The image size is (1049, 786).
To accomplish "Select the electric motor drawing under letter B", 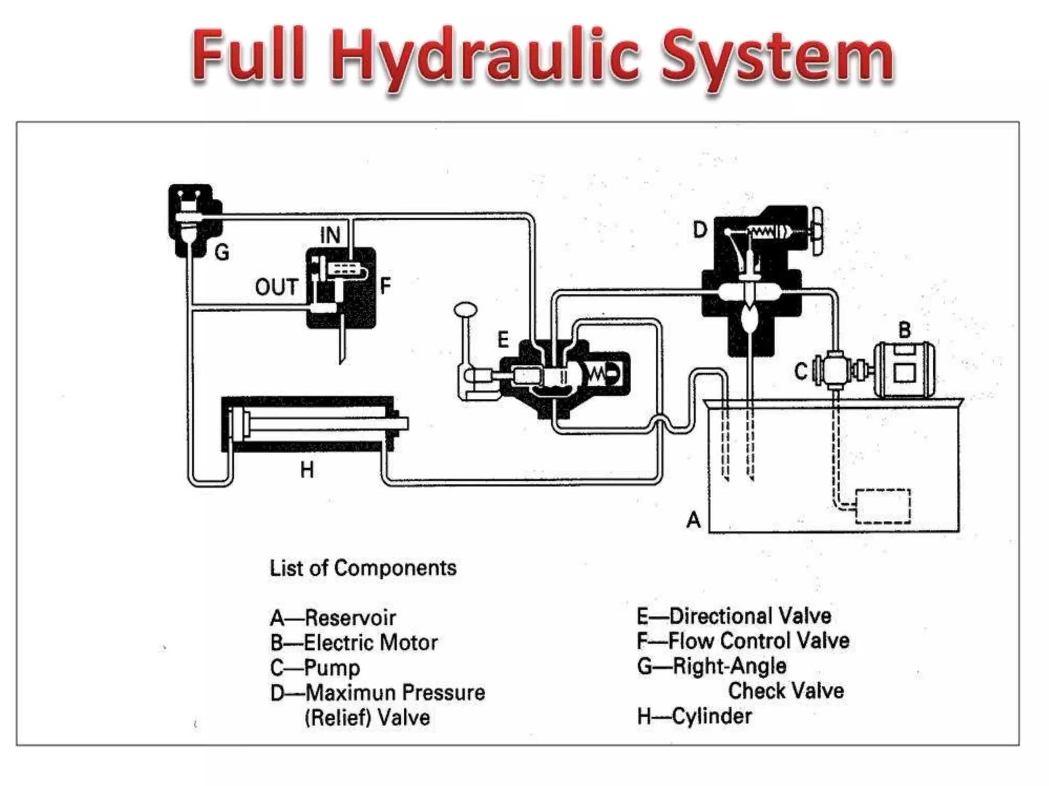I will coord(904,369).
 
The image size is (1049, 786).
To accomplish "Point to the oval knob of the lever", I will coord(465,310).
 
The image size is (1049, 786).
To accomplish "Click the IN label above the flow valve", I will coord(330,235).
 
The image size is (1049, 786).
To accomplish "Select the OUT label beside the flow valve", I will coord(277,287).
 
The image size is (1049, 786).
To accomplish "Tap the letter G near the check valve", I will coord(222,252).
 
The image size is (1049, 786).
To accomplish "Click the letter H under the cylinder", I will coord(307,469).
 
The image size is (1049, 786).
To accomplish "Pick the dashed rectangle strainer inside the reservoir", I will coord(883,506).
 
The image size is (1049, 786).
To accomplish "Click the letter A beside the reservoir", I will coord(694,519).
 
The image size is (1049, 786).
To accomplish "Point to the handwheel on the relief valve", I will coord(816,233).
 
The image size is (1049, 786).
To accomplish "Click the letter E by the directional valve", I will coord(503,339).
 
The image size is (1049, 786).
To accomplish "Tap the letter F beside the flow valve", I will coord(385,285).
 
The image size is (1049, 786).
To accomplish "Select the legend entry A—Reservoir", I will coord(333,618).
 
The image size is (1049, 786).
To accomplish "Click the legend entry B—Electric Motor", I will coord(354,643).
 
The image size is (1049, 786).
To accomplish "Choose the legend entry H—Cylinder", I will coord(694,716).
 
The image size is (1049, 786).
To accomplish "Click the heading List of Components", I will coord(363,568).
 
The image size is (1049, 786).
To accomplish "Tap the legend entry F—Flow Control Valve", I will coord(743,641).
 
